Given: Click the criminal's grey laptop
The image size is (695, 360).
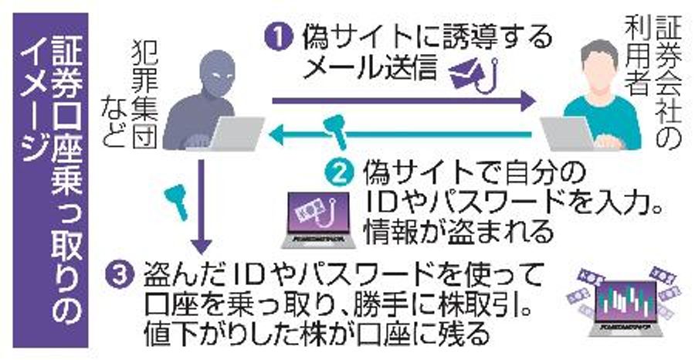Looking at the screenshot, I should [231, 134].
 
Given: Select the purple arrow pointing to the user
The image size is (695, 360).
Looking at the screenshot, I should [402, 100].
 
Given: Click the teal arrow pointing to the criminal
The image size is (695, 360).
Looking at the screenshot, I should [402, 137].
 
